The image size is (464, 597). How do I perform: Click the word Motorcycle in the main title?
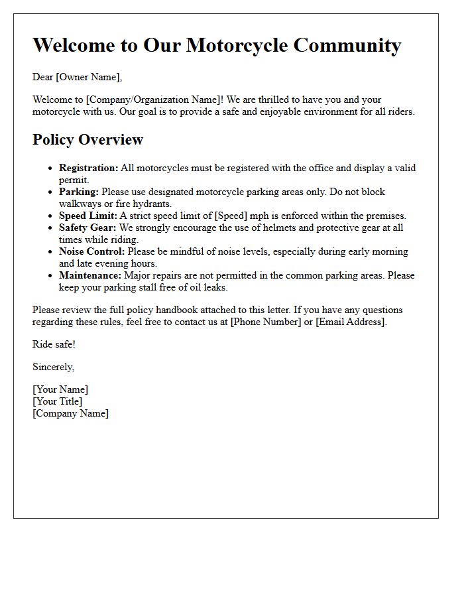pos(237,45)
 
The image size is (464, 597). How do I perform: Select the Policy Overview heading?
pos(87,139)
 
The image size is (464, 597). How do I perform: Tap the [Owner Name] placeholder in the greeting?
pos(89,77)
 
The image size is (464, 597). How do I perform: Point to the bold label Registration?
pos(88,168)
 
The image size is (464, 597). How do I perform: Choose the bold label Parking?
pos(78,192)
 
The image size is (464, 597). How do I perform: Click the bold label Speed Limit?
pos(87,216)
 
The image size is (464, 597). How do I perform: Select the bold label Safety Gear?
pos(87,228)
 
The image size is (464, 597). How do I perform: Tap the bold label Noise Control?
pos(91,251)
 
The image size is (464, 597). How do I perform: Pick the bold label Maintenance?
pos(90,275)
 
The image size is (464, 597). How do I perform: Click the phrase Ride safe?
pos(54,344)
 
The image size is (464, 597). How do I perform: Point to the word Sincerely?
pos(53,367)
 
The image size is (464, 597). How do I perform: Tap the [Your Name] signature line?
pos(60,389)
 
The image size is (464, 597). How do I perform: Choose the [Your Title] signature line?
pos(58,401)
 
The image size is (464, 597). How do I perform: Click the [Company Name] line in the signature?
pos(70,413)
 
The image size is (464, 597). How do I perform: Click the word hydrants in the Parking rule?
pos(152,204)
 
